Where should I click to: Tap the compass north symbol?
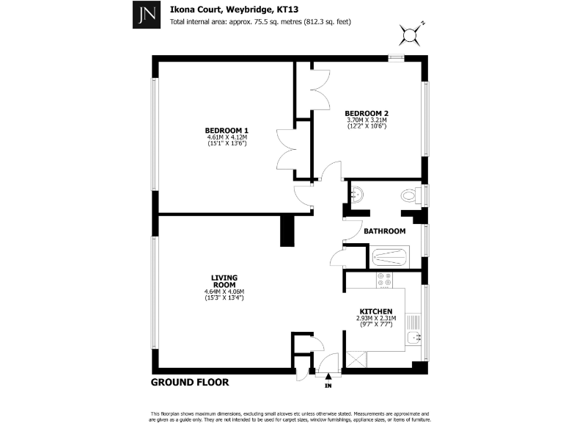tap(411, 33)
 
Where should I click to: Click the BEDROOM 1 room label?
tap(227, 130)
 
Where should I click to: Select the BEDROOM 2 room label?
tap(367, 112)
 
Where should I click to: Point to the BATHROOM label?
tap(385, 231)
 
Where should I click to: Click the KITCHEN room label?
tap(375, 311)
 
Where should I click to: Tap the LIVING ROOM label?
tap(224, 281)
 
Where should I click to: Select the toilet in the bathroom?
tap(410, 195)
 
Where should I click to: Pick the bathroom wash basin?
tap(357, 195)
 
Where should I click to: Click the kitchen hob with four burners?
tap(384, 280)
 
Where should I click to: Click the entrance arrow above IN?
tap(328, 376)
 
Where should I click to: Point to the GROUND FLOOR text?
tap(190, 383)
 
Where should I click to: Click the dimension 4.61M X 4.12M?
tap(227, 137)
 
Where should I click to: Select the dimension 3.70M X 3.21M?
tap(367, 120)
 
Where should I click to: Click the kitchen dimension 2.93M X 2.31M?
tap(375, 318)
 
